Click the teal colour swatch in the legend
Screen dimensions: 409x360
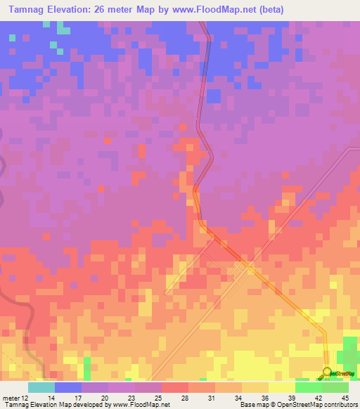coord(41,387)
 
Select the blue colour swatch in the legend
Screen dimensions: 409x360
coord(68,387)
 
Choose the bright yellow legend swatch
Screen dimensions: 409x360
coord(282,387)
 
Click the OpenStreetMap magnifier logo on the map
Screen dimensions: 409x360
coord(327,373)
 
